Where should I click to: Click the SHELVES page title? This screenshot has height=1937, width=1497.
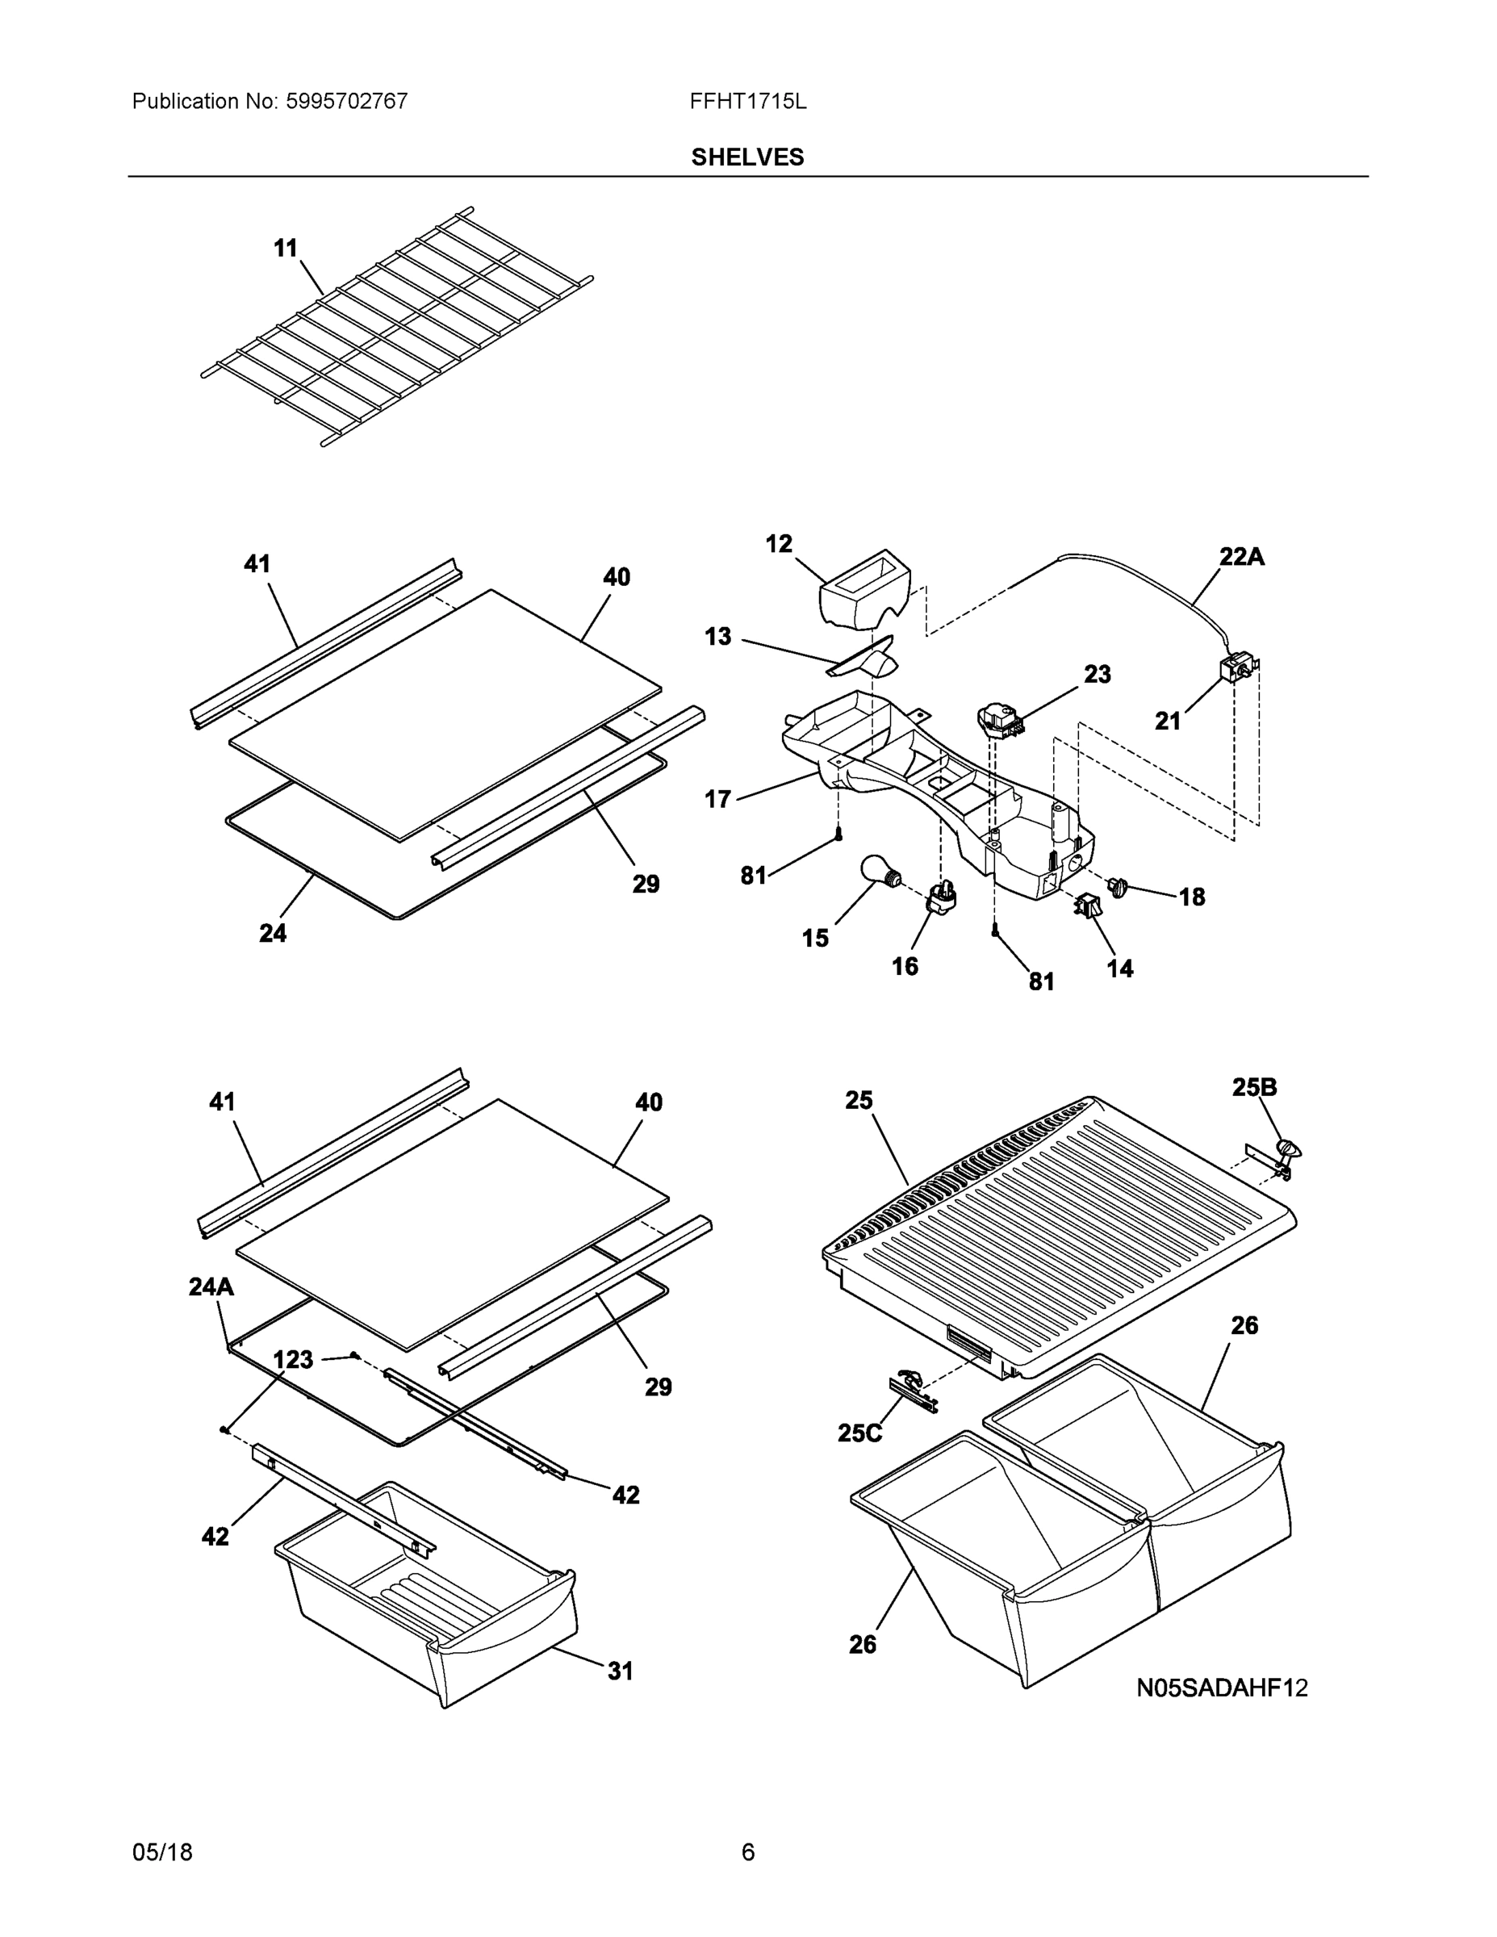[746, 157]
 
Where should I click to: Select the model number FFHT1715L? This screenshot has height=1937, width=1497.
[747, 102]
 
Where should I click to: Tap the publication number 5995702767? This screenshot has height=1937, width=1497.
[346, 102]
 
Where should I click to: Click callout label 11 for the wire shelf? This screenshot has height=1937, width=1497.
[285, 249]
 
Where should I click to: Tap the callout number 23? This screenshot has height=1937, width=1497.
[1097, 675]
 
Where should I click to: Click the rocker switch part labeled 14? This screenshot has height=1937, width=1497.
[1085, 906]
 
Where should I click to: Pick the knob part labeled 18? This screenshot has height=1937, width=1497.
[1117, 885]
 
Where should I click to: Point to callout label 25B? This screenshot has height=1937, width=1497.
[1254, 1087]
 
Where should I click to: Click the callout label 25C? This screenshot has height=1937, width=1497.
[859, 1433]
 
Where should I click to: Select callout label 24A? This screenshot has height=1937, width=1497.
[211, 1287]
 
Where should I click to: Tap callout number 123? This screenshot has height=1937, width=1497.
[293, 1360]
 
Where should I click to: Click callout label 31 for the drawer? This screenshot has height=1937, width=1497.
[620, 1671]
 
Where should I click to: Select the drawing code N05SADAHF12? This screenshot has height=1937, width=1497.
[1222, 1688]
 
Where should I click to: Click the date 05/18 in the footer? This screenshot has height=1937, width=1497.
[162, 1853]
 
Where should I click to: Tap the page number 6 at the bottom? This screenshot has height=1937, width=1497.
[747, 1853]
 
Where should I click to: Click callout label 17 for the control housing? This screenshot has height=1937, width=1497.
[717, 799]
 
